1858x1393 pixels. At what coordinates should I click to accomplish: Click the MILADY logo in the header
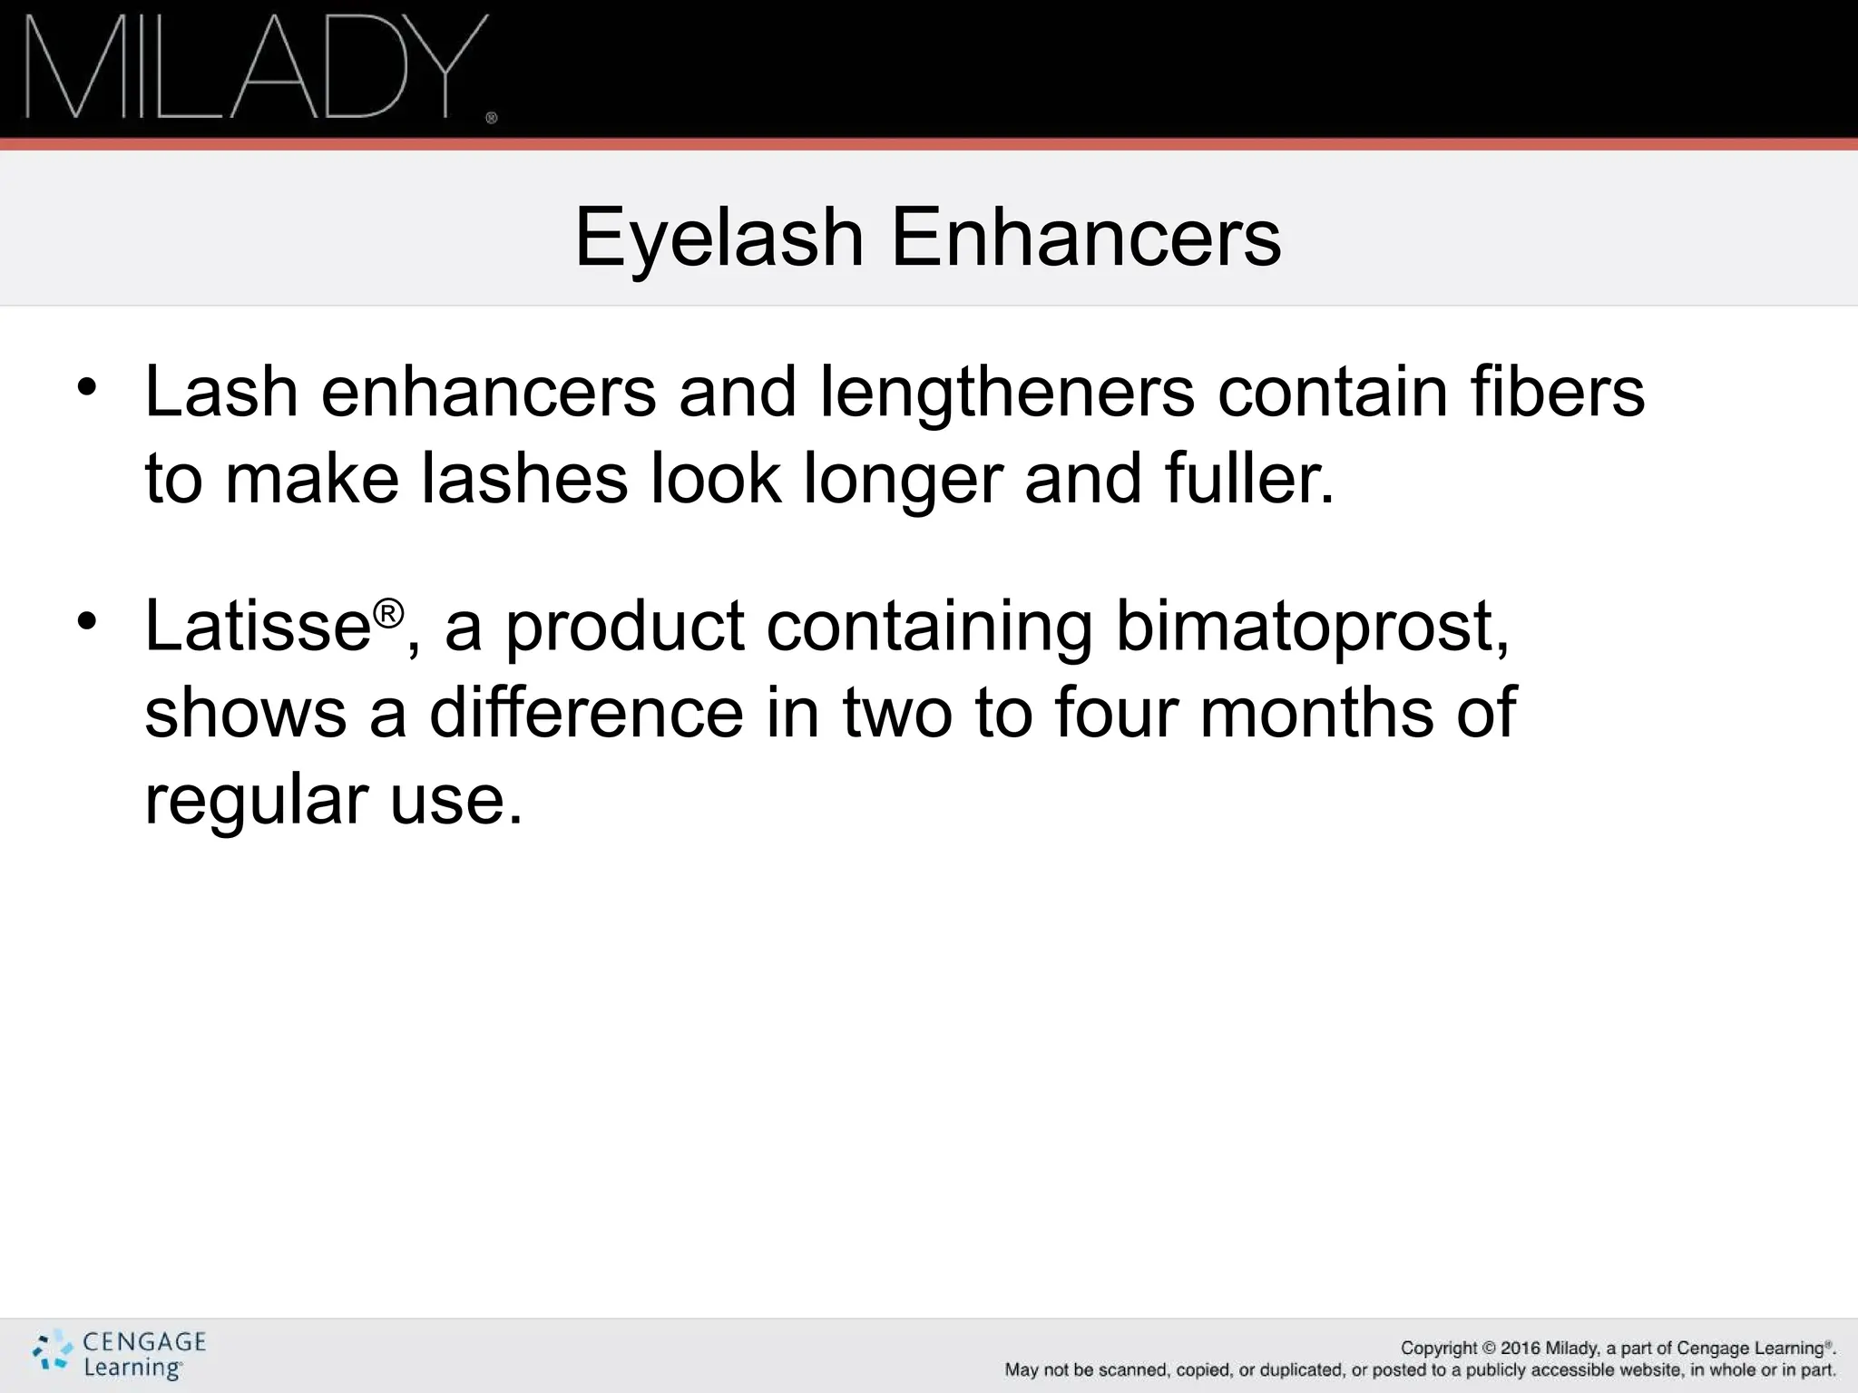[254, 68]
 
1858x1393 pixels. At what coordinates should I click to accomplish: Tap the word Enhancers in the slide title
[1086, 237]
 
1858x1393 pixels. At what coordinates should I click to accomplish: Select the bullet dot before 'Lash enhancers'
[86, 387]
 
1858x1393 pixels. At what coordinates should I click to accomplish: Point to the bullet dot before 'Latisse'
[86, 621]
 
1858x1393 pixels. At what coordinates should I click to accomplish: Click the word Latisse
[258, 625]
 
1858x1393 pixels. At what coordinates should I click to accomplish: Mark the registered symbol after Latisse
[387, 614]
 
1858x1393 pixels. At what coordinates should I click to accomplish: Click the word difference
[586, 712]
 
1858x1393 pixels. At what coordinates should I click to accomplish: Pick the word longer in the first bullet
[903, 480]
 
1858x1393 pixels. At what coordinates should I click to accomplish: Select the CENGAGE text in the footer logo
[144, 1342]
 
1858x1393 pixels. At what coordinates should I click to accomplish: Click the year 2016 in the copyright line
[1521, 1349]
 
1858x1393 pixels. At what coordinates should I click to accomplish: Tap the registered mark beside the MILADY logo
[492, 118]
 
